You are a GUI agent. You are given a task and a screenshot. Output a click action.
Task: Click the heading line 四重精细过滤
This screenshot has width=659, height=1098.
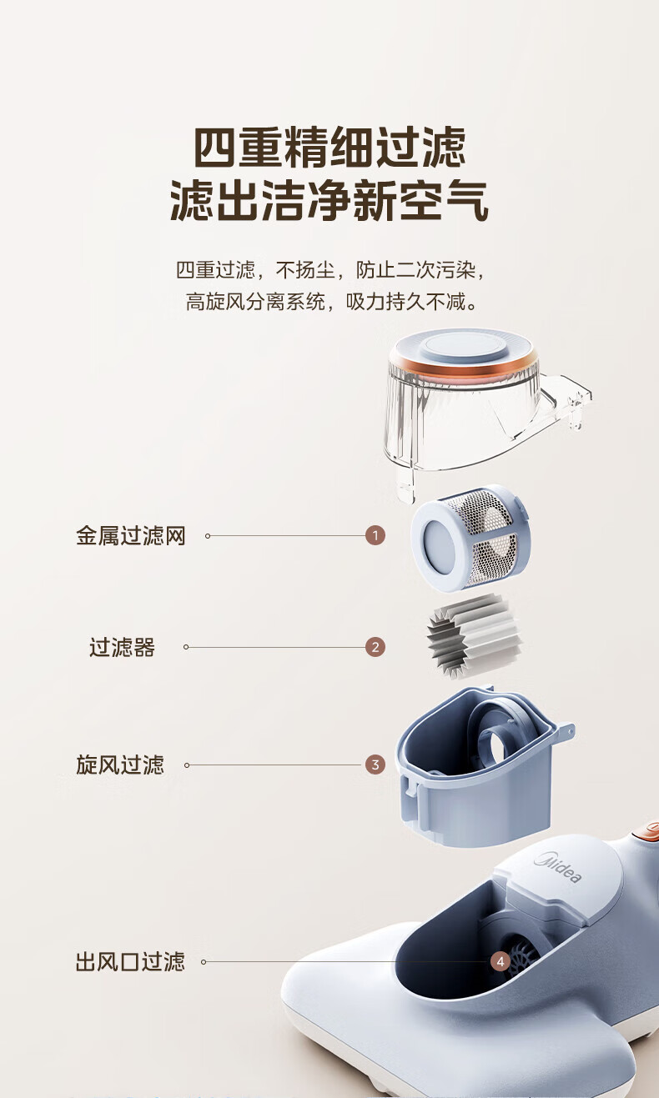coord(329,147)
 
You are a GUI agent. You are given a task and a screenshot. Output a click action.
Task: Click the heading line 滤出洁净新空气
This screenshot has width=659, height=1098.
coord(329,200)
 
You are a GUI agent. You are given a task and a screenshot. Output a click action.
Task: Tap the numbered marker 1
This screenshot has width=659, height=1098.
coord(375,535)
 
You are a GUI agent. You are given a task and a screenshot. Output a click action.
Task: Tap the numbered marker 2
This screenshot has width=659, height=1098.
coord(375,647)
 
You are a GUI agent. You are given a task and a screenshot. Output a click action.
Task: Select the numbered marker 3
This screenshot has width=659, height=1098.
coord(375,765)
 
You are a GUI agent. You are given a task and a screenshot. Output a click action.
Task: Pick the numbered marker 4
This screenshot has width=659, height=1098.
coord(501,961)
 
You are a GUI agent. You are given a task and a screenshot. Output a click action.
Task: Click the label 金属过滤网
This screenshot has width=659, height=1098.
coord(131,535)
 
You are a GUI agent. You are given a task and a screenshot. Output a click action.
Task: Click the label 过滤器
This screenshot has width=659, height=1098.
coord(122,647)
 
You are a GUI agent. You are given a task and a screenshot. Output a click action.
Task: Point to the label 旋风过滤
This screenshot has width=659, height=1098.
coord(120,765)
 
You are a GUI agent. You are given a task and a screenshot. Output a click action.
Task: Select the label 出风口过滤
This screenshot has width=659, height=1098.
coord(130,961)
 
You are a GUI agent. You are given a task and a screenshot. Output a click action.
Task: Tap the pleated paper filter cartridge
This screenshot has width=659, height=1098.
coord(474,635)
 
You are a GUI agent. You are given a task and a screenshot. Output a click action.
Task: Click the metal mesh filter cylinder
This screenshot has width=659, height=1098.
coord(470,538)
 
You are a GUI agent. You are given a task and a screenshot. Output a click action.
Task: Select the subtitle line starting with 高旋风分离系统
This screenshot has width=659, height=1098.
coord(332,302)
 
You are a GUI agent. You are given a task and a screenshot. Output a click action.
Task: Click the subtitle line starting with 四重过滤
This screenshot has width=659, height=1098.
coord(331,269)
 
